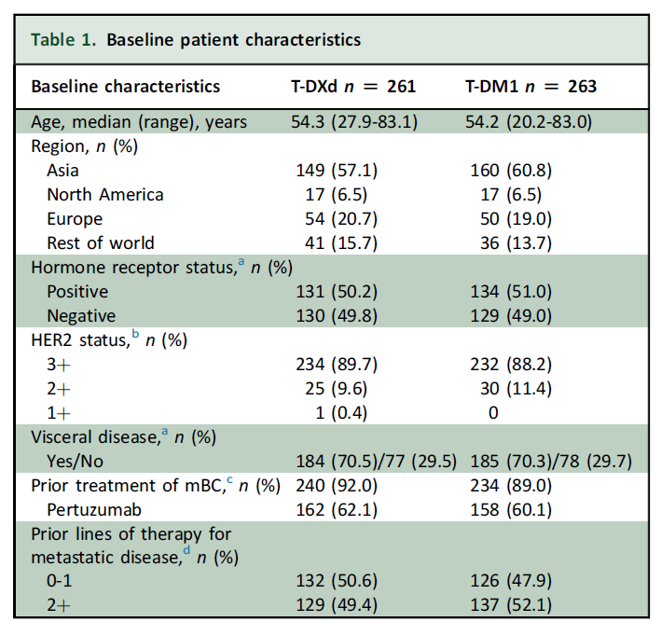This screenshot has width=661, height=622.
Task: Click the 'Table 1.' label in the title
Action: coord(63,40)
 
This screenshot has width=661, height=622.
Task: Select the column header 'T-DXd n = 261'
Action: coord(353,87)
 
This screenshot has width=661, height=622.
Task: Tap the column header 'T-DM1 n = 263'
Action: coord(530,87)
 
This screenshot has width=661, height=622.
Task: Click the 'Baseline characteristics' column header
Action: coord(126,87)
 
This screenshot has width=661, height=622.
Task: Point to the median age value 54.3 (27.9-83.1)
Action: coord(354,122)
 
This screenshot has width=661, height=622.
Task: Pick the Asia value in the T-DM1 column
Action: coord(511,171)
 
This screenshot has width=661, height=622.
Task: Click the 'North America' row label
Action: coord(105,195)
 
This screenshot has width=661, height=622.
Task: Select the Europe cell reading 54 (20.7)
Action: coord(341,219)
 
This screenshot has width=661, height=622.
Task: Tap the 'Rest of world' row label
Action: coord(101,243)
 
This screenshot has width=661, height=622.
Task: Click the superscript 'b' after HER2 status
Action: coord(135,334)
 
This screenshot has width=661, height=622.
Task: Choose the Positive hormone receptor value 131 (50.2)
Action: coord(337,292)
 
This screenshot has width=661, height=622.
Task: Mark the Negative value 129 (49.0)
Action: coord(511,316)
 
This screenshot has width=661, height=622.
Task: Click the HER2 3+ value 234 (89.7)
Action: coord(337,365)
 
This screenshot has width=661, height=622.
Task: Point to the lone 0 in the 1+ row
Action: coord(493,413)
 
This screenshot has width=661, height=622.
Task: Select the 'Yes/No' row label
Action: coord(75,462)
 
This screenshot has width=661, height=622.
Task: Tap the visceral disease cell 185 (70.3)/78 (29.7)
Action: coord(551,462)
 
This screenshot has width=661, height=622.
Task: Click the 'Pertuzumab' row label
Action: coord(94,510)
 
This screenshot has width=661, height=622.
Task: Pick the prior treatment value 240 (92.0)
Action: coord(337,486)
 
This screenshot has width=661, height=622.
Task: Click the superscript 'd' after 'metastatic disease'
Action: coord(186,551)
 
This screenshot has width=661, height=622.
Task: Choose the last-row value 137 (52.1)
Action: coord(511,605)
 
